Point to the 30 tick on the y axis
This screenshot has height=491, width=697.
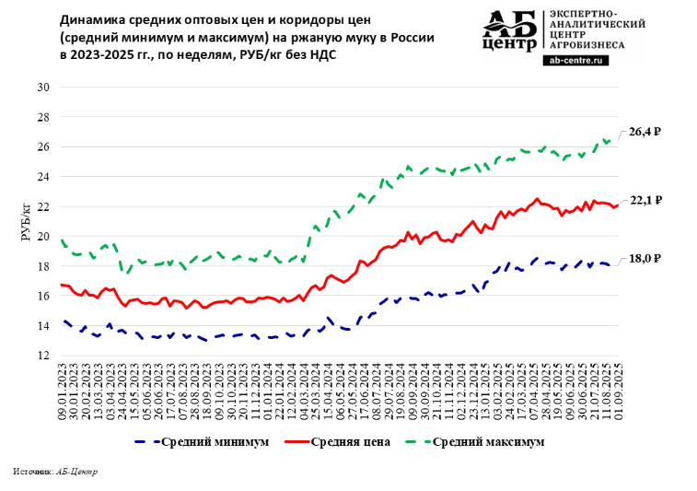[42, 88]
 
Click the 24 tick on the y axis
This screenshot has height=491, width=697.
[42, 177]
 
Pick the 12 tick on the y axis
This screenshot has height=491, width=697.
[42, 356]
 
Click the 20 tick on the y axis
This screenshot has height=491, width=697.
[42, 237]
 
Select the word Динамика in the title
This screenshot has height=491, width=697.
[90, 18]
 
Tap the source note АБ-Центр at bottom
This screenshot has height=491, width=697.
[76, 471]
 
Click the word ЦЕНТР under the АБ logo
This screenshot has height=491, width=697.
[508, 44]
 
